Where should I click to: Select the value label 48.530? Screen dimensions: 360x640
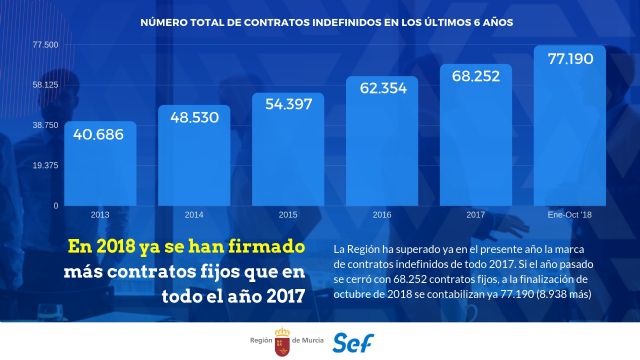coord(195,117)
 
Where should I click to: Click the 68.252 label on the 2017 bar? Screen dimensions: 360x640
coord(476,75)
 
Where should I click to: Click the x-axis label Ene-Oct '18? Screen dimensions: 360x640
coord(571,214)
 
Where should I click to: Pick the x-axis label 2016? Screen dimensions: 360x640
coord(382,214)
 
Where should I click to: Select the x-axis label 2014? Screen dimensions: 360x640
coord(195,214)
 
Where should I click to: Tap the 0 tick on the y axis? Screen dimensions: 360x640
coord(56,205)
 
